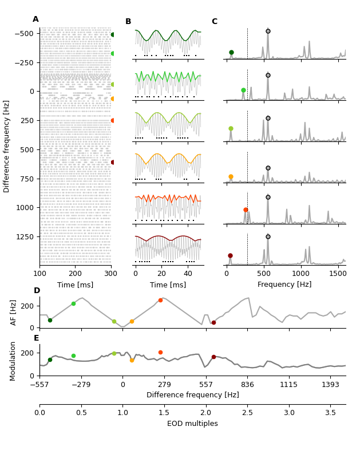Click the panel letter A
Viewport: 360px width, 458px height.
pyautogui.click(x=35, y=19)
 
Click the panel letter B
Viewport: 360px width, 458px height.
pyautogui.click(x=128, y=22)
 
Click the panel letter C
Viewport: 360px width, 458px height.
pyautogui.click(x=214, y=22)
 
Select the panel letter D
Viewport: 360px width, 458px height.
pyautogui.click(x=37, y=291)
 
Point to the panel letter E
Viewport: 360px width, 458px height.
pyautogui.click(x=36, y=338)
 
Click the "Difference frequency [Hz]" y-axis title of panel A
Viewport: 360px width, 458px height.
pyautogui.click(x=7, y=146)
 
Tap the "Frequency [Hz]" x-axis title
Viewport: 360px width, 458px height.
pyautogui.click(x=284, y=285)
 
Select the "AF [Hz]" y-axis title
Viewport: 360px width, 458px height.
pyautogui.click(x=14, y=312)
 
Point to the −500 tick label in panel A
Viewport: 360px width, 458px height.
pyautogui.click(x=22, y=34)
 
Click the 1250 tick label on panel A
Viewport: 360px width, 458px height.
pyautogui.click(x=23, y=236)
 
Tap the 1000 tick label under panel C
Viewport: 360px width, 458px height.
pyautogui.click(x=301, y=274)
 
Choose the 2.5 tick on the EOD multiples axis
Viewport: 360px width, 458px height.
pyautogui.click(x=247, y=413)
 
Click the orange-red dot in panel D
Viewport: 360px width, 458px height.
pyautogui.click(x=160, y=300)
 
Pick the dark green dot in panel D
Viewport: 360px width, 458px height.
pyautogui.click(x=50, y=320)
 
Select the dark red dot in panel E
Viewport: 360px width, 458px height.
pyautogui.click(x=213, y=357)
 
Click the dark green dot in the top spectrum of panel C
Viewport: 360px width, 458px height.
pyautogui.click(x=231, y=52)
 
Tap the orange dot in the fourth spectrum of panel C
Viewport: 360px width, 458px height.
pyautogui.click(x=231, y=177)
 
